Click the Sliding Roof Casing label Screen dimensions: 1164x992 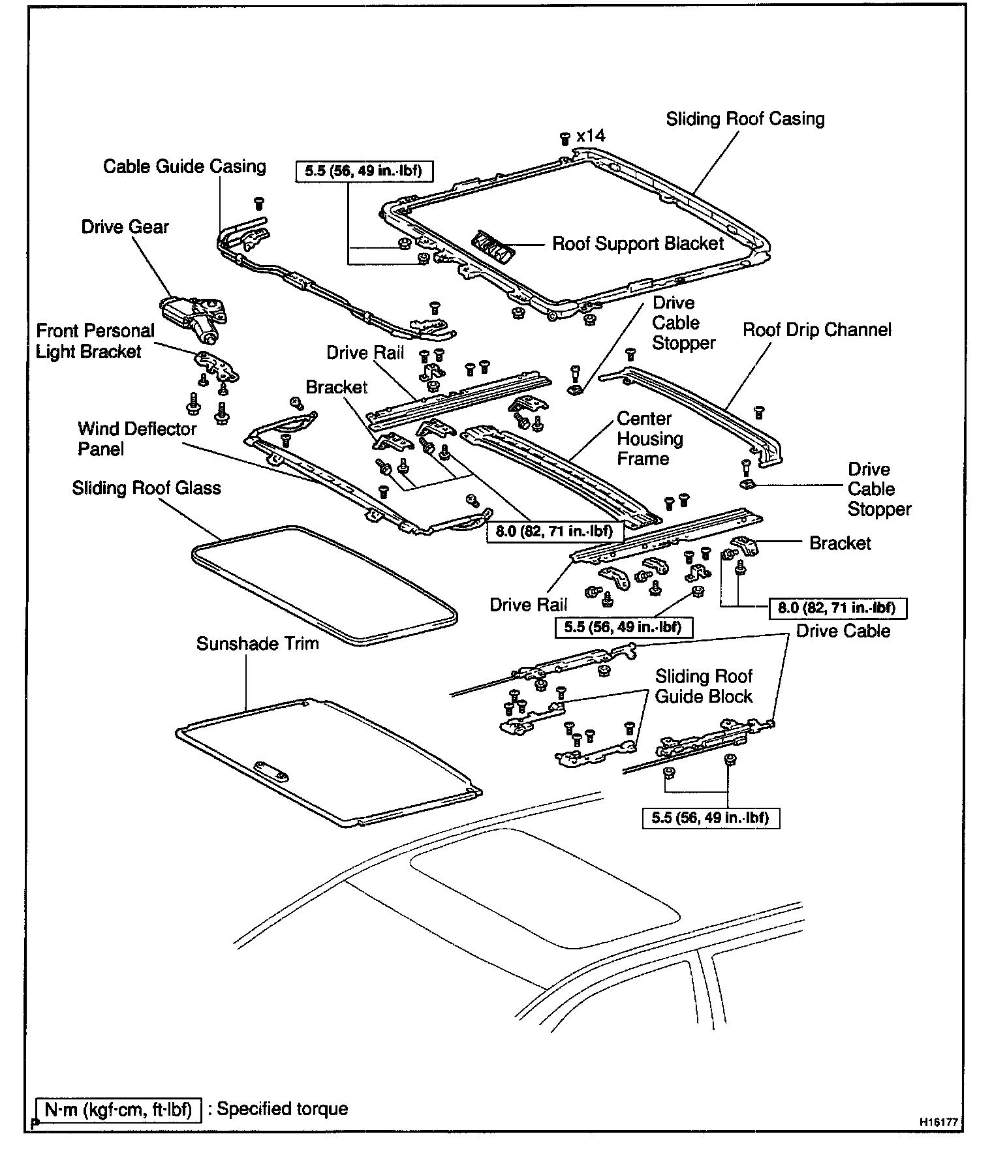point(745,119)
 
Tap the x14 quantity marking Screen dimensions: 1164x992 point(591,136)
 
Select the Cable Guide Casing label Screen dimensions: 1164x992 point(185,166)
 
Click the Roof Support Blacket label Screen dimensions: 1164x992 point(638,244)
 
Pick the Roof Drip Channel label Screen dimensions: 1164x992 point(816,329)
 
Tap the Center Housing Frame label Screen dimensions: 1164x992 point(649,438)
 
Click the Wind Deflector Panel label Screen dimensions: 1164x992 point(136,438)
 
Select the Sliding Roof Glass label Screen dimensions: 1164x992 point(146,488)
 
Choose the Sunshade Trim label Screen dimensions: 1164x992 point(257,643)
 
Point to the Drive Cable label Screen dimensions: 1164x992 point(843,631)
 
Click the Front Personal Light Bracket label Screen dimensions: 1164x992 point(95,341)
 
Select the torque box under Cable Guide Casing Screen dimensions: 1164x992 point(364,171)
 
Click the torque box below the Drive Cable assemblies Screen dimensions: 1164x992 point(711,817)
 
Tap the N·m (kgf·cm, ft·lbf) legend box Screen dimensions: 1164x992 point(118,1109)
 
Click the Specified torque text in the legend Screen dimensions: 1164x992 point(282,1109)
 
